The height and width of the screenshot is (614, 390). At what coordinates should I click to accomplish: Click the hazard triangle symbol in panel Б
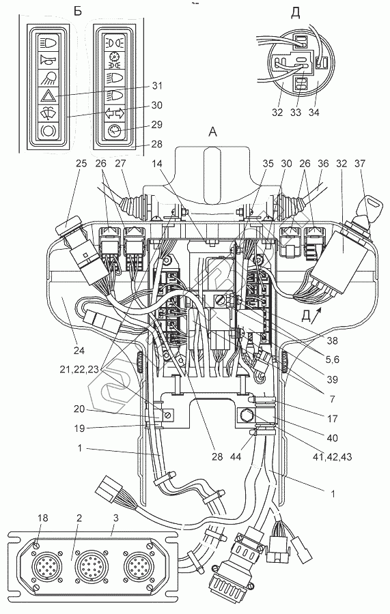[x=48, y=95]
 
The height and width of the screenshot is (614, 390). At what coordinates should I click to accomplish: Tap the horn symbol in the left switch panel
[x=48, y=60]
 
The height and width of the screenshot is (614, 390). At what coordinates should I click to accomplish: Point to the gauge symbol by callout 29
[x=115, y=130]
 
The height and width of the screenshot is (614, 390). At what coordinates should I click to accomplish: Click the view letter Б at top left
[x=78, y=11]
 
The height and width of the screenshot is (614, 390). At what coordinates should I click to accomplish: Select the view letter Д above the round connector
[x=296, y=13]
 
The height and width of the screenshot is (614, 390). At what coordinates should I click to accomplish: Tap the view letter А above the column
[x=213, y=132]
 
